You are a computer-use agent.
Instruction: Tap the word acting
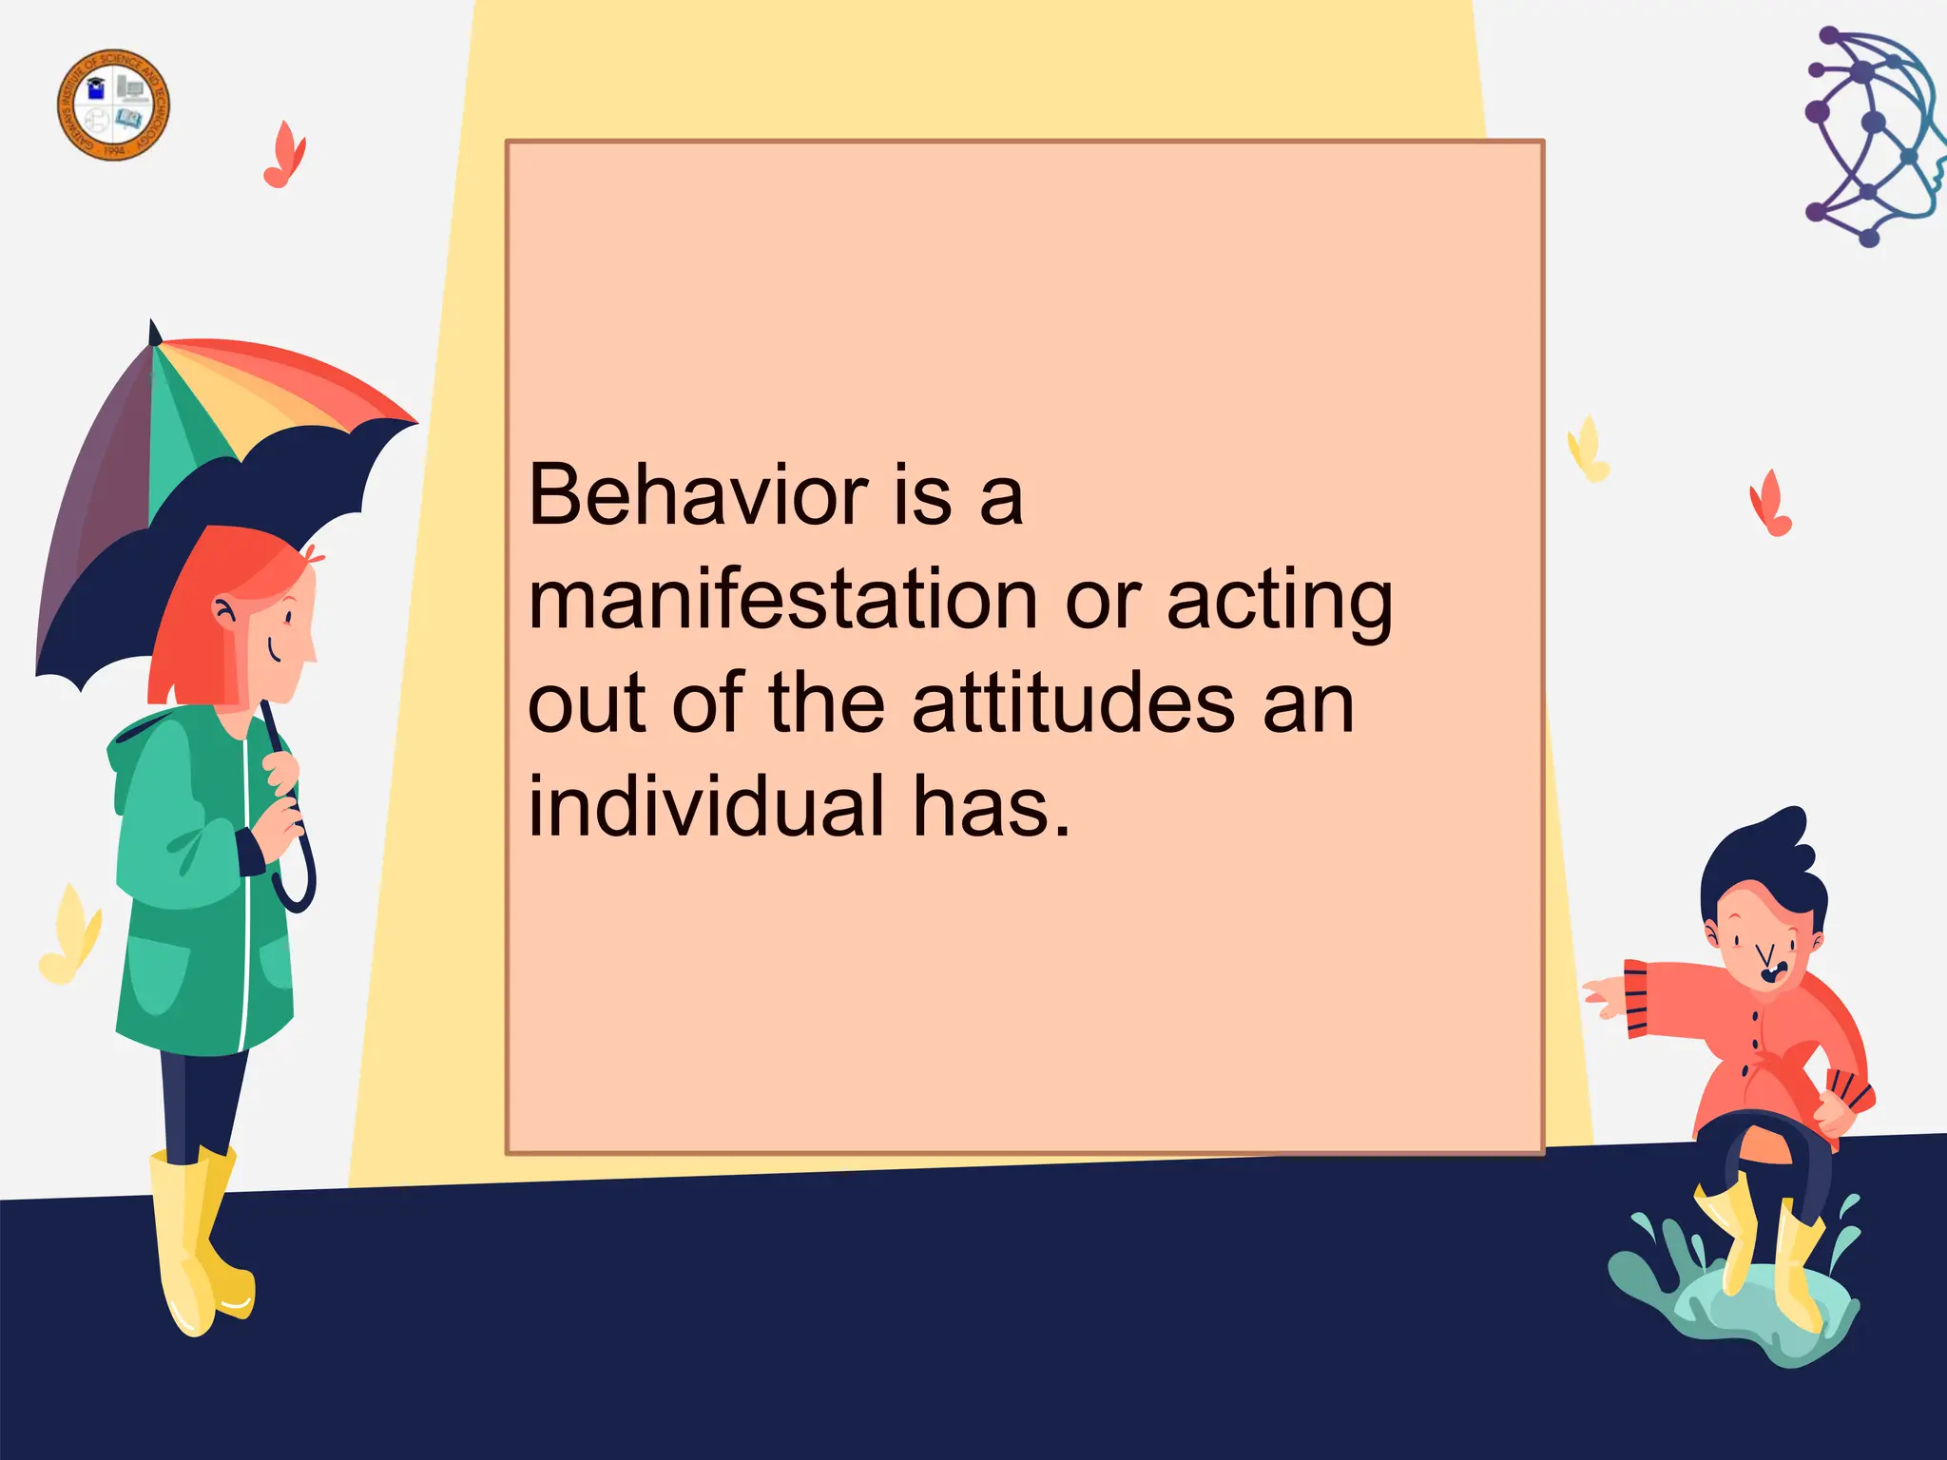pos(1279,603)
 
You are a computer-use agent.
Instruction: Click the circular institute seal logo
pos(113,105)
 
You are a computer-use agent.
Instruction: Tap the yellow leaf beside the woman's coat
pos(68,936)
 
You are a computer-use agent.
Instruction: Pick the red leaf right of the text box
pos(1770,504)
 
